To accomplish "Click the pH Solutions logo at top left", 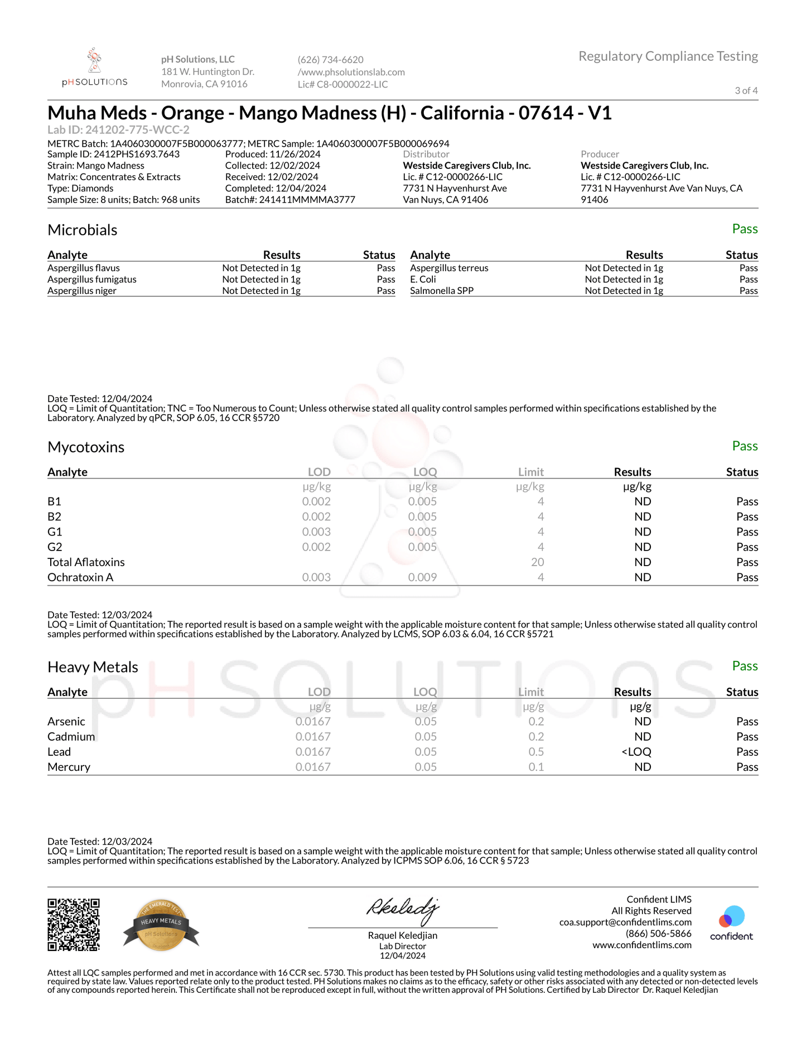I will point(94,67).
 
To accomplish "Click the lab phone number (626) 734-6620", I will point(330,60).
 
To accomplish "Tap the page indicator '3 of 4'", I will point(746,90).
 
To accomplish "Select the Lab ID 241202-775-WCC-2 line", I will point(118,130).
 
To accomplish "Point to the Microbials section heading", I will point(82,230).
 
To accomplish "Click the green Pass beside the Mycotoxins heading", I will point(745,446).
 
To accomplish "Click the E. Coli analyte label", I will point(423,279).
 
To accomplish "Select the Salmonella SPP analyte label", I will point(441,291).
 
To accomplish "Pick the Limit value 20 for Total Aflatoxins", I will point(537,562).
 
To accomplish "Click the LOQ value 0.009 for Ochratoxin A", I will point(422,577).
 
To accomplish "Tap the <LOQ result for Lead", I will point(636,752).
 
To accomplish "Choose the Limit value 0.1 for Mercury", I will point(536,767).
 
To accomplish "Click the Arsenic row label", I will point(66,722).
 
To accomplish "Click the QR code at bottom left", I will point(74,924).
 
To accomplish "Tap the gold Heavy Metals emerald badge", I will point(161,925).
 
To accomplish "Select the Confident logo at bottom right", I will point(731,924).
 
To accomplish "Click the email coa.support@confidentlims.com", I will point(625,923).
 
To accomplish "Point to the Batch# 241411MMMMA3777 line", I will point(290,200).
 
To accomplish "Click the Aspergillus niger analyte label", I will point(82,291).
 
